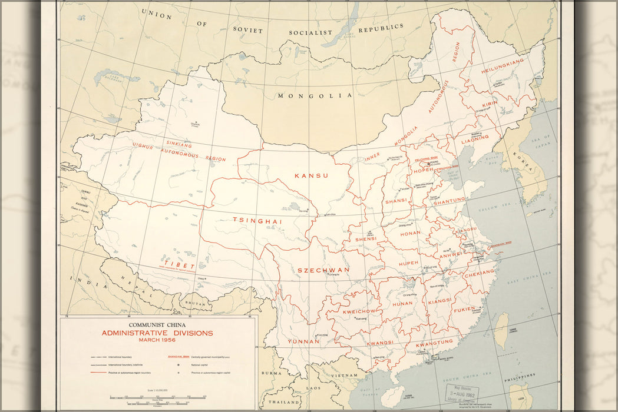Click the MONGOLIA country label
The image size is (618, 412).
315,95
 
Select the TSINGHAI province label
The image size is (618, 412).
257,221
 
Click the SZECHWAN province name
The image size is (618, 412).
323,270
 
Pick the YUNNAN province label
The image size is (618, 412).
303,341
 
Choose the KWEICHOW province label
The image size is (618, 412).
359,311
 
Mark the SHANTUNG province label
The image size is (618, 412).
450,201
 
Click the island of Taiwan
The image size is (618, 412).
501,331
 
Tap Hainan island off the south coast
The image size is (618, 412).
392,396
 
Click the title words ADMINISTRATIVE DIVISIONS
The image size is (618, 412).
157,333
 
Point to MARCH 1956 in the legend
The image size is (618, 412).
157,340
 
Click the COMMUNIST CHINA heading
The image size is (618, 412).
157,324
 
